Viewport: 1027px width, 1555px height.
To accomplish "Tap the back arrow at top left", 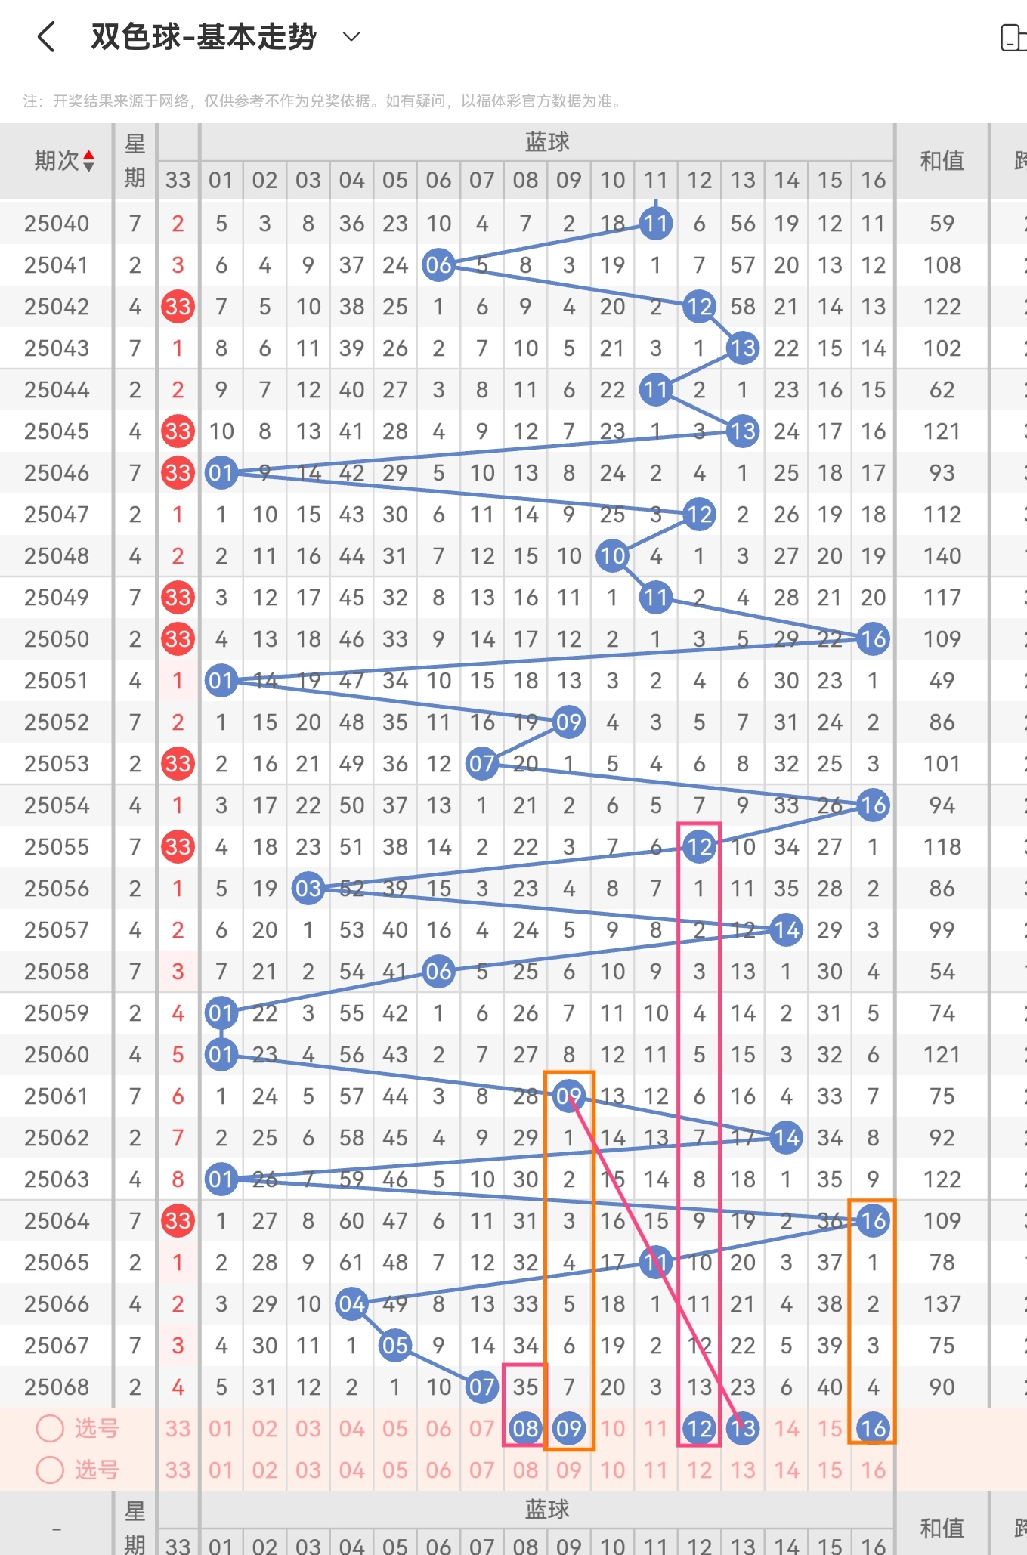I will tap(46, 36).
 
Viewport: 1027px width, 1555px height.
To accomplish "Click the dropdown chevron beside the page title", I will tap(351, 36).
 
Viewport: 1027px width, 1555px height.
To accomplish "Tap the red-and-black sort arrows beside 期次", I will tap(89, 160).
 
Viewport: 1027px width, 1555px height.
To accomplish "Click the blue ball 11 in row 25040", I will tap(656, 223).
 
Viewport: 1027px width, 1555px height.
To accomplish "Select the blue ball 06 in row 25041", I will tap(438, 264).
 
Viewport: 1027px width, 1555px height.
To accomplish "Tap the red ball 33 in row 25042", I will tap(178, 306).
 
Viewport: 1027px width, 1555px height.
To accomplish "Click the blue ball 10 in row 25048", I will tap(612, 555).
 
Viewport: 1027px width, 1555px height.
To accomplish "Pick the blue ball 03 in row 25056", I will tap(308, 888).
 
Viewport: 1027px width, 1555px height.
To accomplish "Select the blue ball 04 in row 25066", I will tap(351, 1303).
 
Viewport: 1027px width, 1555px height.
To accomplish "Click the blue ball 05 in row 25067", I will tap(395, 1345).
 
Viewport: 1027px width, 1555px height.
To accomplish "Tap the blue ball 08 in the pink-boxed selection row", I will tap(525, 1428).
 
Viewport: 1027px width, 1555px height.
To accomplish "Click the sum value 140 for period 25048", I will tap(942, 555).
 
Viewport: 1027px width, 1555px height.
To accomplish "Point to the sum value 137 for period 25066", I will tap(942, 1303).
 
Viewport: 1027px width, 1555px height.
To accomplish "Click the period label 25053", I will tap(57, 763).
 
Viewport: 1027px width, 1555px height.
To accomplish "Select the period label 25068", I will tap(57, 1387).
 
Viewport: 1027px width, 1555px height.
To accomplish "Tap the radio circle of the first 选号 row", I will tap(51, 1428).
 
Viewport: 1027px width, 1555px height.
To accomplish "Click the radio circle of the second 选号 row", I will tap(51, 1470).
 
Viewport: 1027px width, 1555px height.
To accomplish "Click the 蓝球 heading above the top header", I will tap(547, 141).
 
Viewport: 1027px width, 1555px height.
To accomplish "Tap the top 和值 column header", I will tap(942, 160).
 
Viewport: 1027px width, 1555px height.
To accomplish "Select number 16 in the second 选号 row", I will tap(873, 1470).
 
